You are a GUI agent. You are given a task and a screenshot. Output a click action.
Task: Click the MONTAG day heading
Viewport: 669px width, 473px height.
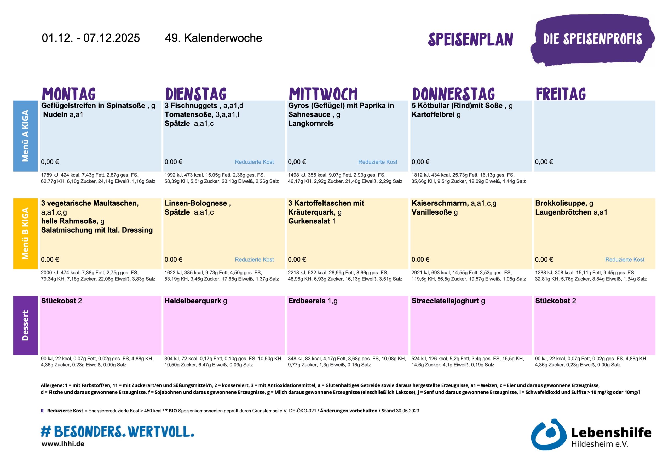coord(69,94)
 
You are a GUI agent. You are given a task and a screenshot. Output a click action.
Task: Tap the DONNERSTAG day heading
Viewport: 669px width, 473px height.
coord(453,94)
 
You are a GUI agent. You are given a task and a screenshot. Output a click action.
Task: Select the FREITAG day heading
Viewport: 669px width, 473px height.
coord(561,94)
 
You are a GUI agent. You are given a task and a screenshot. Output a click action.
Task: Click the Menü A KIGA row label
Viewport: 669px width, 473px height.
coord(25,136)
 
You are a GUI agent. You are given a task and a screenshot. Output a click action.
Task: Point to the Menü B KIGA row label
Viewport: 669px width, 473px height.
coord(25,233)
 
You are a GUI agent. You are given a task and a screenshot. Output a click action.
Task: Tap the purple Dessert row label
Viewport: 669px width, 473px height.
coord(25,325)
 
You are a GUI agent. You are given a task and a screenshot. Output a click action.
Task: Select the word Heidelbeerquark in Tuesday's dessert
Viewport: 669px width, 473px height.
coord(193,301)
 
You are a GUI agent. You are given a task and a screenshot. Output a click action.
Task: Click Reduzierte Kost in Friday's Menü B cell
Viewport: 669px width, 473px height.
coord(625,259)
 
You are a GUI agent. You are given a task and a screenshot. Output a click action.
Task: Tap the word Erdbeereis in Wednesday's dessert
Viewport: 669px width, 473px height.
coord(307,301)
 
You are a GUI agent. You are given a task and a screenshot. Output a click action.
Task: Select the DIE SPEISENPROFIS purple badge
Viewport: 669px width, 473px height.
coord(592,39)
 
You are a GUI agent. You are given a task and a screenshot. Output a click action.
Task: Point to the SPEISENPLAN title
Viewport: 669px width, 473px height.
coord(470,40)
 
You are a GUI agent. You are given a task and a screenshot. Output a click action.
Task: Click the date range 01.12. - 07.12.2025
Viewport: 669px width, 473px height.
coord(91,38)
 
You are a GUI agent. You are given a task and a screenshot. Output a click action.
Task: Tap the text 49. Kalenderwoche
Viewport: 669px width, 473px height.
coord(213,38)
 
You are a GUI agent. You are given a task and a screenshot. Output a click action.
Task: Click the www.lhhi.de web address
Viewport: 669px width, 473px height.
coord(63,444)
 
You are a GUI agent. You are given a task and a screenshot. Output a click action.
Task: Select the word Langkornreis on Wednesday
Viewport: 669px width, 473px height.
coord(311,123)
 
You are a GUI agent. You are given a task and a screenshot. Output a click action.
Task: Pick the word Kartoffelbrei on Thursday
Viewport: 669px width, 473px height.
coord(433,114)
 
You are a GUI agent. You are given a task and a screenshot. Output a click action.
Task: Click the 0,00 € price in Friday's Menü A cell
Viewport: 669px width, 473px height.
coord(544,162)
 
